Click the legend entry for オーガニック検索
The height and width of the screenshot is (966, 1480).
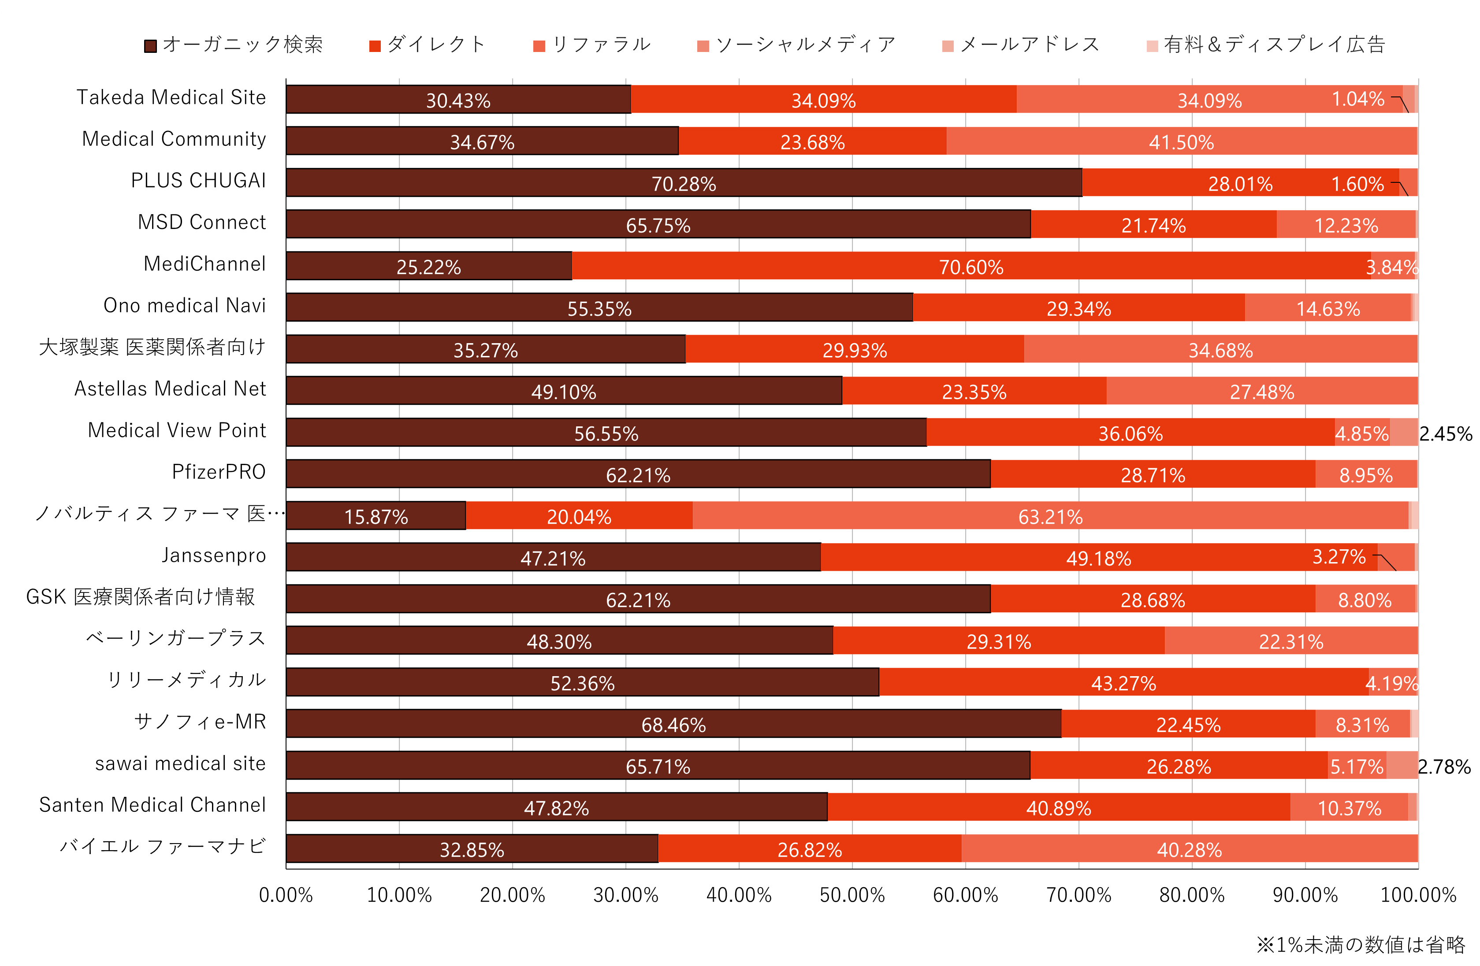[x=234, y=45]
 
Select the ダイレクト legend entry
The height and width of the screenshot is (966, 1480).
[x=428, y=45]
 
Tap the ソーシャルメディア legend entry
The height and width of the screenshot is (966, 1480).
[x=796, y=45]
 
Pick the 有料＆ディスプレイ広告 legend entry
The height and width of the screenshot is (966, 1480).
[x=1266, y=45]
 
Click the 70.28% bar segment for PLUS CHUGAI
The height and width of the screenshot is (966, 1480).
[x=684, y=183]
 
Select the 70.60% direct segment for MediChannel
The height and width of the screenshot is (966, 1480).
[x=971, y=266]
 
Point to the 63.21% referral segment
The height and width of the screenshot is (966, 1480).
[x=1050, y=516]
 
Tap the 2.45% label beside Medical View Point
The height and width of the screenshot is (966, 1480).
[x=1445, y=434]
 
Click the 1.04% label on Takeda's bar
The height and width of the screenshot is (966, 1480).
[x=1357, y=99]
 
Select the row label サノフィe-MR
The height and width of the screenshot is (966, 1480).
[x=200, y=721]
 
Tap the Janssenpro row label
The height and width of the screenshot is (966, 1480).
[x=213, y=555]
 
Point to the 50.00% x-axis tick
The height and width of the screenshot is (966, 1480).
[x=852, y=895]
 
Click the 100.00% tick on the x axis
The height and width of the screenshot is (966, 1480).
[x=1418, y=895]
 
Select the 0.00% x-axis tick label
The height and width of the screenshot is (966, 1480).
[x=286, y=895]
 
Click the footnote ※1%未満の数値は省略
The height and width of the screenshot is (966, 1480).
[x=1361, y=945]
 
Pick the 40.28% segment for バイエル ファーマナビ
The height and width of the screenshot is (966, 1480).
[x=1189, y=849]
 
